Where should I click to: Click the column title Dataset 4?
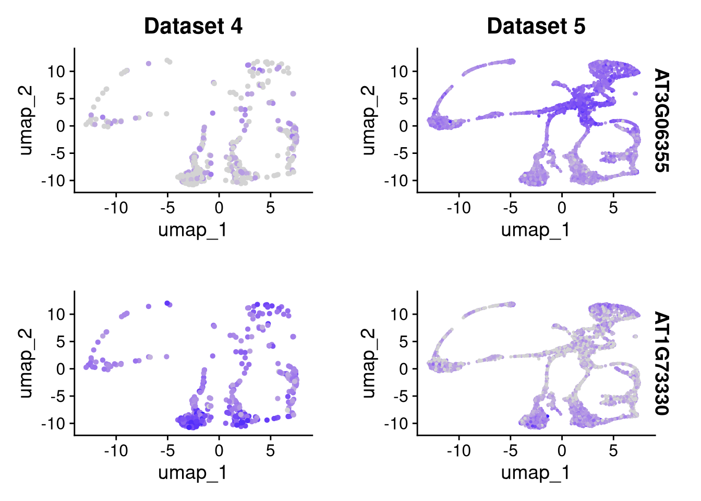tap(193, 26)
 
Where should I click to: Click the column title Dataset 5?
tap(536, 26)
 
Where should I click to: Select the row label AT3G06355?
tap(661, 120)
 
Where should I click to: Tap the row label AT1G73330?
tap(661, 363)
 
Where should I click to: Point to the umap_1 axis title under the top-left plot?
tap(192, 230)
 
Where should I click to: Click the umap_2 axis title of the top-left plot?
tap(26, 120)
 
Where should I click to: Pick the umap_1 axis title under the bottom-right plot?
tap(535, 472)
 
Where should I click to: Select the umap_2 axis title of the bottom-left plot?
tap(26, 363)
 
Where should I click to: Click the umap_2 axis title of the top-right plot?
tap(368, 120)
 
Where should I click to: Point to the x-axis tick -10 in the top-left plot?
tap(116, 208)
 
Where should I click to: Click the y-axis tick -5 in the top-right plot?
tap(397, 153)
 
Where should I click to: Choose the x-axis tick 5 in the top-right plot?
tap(613, 208)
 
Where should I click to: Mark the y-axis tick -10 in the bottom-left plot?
tap(54, 424)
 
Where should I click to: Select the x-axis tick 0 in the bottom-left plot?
tap(219, 450)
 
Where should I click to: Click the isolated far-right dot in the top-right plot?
tap(635, 94)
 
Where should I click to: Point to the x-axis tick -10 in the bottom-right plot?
tap(458, 450)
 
